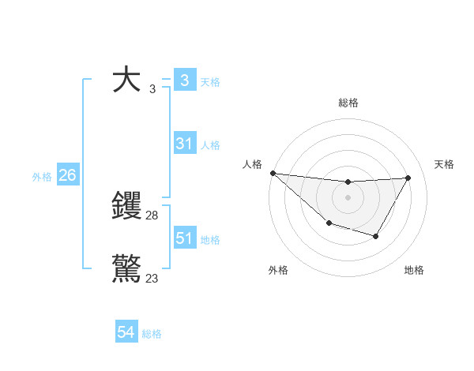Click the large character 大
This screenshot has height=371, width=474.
(127, 81)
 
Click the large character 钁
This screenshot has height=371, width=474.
(127, 207)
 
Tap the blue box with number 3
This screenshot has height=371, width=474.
(184, 81)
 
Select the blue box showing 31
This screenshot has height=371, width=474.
(184, 144)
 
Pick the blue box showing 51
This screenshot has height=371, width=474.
(184, 238)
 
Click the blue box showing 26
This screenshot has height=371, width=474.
(67, 175)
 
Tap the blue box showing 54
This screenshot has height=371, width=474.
(126, 333)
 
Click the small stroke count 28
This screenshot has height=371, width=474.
(152, 215)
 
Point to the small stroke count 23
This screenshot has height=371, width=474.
(152, 279)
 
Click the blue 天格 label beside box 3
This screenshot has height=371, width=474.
(210, 82)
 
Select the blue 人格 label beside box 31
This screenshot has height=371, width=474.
(210, 145)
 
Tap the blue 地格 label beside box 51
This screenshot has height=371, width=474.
(210, 240)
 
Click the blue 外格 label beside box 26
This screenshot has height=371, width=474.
(42, 177)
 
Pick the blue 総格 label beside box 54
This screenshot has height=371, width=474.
(152, 335)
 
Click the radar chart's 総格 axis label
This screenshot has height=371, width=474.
(348, 103)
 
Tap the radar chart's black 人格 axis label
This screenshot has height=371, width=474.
(253, 164)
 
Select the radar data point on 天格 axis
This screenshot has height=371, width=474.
(408, 178)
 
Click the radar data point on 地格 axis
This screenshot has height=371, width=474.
(376, 236)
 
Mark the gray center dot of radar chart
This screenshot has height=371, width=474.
(348, 197)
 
